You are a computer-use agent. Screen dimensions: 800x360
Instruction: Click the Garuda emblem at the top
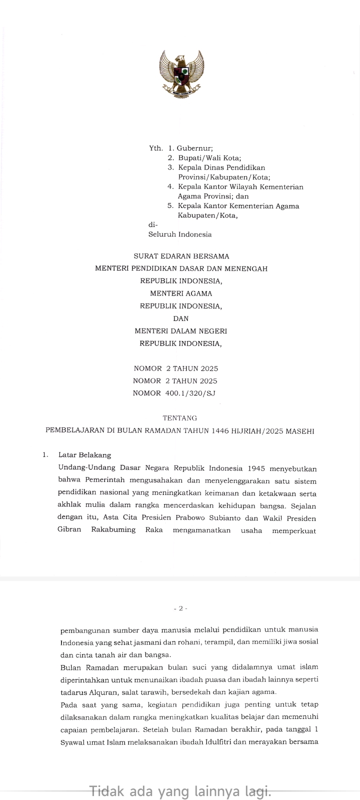coord(181,74)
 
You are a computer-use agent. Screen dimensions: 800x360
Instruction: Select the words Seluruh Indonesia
coord(179,234)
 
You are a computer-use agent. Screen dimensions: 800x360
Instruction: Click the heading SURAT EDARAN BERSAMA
coord(181,256)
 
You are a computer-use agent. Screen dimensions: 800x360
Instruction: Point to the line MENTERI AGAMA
coord(181,293)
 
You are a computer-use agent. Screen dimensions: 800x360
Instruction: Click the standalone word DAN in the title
coord(181,318)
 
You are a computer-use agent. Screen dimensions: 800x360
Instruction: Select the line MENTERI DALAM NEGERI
coord(181,331)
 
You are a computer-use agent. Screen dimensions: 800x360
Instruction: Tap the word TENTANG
coord(180,418)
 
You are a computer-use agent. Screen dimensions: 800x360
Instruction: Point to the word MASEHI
coord(300,430)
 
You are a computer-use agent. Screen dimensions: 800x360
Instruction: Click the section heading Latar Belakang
coord(84,455)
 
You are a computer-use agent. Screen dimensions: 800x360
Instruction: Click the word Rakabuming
coord(113,529)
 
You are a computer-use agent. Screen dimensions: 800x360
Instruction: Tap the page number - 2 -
coord(180,608)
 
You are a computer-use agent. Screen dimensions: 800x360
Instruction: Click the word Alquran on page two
coord(101,692)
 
